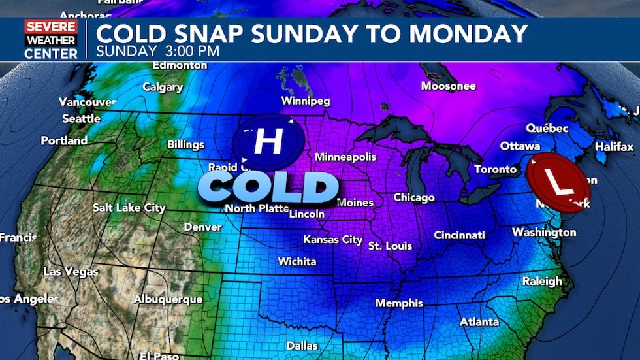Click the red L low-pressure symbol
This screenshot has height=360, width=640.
click(x=558, y=183)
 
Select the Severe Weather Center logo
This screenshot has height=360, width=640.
click(x=51, y=40)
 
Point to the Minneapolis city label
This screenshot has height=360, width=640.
click(x=345, y=157)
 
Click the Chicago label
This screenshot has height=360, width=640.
click(x=414, y=197)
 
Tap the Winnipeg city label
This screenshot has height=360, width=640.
click(x=306, y=101)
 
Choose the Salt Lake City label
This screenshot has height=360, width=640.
click(x=129, y=208)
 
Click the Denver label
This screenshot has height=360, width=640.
click(x=202, y=227)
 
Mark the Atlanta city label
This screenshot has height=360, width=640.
click(x=479, y=321)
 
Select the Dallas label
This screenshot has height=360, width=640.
click(x=302, y=346)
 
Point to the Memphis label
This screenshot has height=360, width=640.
click(x=399, y=303)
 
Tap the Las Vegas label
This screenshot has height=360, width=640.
click(x=71, y=271)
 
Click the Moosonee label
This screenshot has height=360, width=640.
click(x=449, y=86)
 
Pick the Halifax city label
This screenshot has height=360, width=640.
click(x=614, y=147)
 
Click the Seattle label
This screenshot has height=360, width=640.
click(x=81, y=118)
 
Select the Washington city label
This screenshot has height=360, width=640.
click(x=544, y=233)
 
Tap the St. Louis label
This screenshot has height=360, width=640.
click(x=391, y=246)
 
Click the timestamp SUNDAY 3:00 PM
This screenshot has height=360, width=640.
click(x=157, y=50)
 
